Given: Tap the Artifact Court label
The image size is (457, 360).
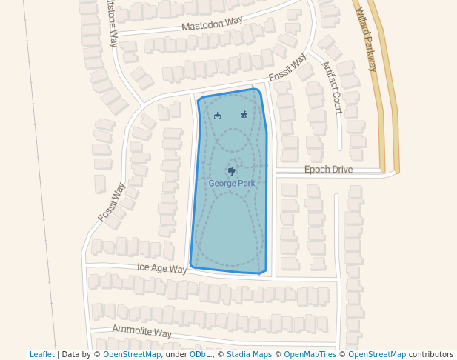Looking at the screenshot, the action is pyautogui.click(x=332, y=87).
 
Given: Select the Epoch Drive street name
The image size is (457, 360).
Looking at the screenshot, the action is pyautogui.click(x=328, y=170).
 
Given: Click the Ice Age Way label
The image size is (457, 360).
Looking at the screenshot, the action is pyautogui.click(x=162, y=268).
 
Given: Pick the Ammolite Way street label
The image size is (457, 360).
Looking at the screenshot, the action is pyautogui.click(x=141, y=331).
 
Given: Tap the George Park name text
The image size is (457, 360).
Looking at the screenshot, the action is pyautogui.click(x=232, y=183).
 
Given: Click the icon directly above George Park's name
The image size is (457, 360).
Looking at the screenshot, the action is pyautogui.click(x=232, y=172).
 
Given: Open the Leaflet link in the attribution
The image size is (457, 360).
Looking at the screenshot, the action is pyautogui.click(x=41, y=354).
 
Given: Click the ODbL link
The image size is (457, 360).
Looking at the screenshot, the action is pyautogui.click(x=200, y=354).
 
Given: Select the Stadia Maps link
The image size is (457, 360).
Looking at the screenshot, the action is pyautogui.click(x=249, y=354).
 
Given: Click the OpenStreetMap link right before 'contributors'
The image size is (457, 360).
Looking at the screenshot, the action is pyautogui.click(x=377, y=354).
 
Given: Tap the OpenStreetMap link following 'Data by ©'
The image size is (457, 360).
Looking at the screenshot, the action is pyautogui.click(x=132, y=354).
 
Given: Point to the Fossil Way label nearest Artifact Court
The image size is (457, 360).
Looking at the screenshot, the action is pyautogui.click(x=287, y=67).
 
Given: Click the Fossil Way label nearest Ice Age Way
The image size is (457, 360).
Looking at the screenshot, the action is pyautogui.click(x=112, y=202).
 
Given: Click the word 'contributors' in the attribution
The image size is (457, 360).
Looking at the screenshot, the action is pyautogui.click(x=431, y=354).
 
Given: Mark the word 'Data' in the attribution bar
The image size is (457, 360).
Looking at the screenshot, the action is pyautogui.click(x=70, y=354).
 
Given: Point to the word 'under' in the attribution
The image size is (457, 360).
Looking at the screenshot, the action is pyautogui.click(x=176, y=354).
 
